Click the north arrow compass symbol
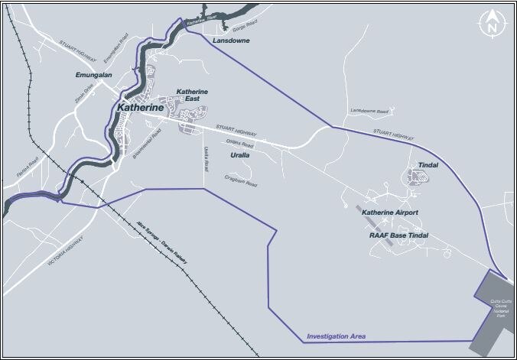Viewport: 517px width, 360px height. [489, 23]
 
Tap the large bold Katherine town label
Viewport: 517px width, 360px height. [140, 109]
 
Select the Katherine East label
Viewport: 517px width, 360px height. [192, 96]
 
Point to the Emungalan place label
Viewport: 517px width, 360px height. [94, 76]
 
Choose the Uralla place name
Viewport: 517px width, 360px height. [240, 155]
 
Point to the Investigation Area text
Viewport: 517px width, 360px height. [336, 336]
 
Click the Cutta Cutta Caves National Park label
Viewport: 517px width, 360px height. [502, 310]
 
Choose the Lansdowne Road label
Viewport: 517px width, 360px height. [369, 112]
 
